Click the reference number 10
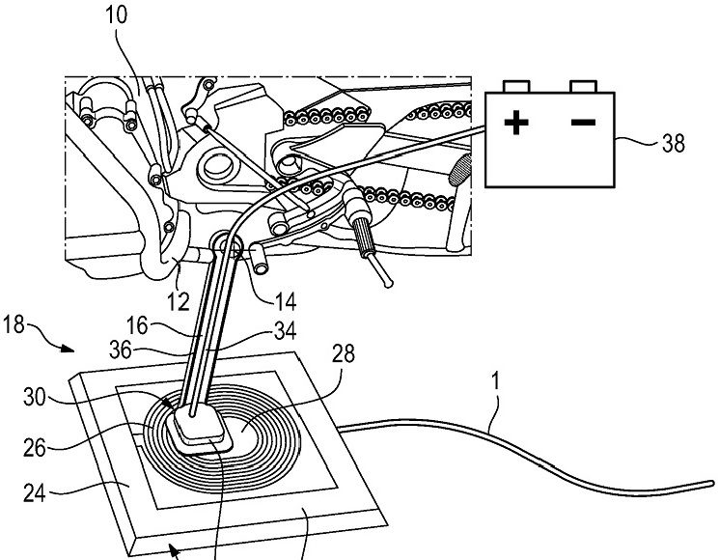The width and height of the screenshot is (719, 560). pyautogui.click(x=116, y=14)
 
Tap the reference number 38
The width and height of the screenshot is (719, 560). pyautogui.click(x=673, y=144)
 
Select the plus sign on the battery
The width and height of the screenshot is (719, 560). pyautogui.click(x=516, y=123)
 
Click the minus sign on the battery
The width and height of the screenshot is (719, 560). pyautogui.click(x=583, y=122)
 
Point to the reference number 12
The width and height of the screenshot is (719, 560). pyautogui.click(x=179, y=302)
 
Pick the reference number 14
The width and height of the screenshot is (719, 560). pyautogui.click(x=286, y=302)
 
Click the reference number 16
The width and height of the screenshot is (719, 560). pyautogui.click(x=137, y=325)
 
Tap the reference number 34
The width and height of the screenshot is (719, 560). pyautogui.click(x=285, y=330)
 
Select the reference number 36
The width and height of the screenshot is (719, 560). pyautogui.click(x=121, y=350)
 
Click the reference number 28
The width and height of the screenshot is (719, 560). pyautogui.click(x=344, y=353)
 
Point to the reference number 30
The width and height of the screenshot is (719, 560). pyautogui.click(x=35, y=397)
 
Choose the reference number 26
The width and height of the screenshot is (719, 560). pyautogui.click(x=35, y=448)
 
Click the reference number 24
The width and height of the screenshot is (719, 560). pyautogui.click(x=35, y=493)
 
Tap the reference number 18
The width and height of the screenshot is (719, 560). pyautogui.click(x=14, y=324)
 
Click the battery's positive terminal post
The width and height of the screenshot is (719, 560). pyautogui.click(x=516, y=86)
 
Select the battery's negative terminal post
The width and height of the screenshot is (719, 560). pyautogui.click(x=583, y=86)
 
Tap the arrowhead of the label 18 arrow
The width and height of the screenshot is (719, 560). pyautogui.click(x=69, y=349)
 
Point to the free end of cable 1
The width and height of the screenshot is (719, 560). pyautogui.click(x=712, y=484)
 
